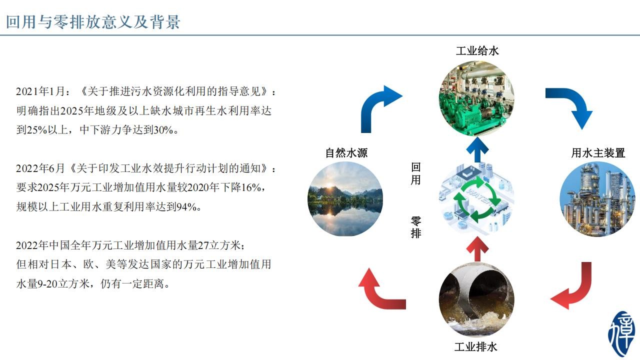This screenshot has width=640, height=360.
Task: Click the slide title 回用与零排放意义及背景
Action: click(93, 21)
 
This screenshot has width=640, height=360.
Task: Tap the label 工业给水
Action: click(477, 51)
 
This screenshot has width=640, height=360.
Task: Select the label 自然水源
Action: click(346, 152)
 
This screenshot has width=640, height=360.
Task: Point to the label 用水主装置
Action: click(598, 152)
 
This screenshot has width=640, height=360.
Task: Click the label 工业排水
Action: click(475, 347)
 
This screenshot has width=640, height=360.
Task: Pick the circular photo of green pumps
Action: click(476, 98)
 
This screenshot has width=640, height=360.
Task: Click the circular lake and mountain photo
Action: click(345, 199)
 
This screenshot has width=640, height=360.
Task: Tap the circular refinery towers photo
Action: click(597, 199)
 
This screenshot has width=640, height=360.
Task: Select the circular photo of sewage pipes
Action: click(476, 299)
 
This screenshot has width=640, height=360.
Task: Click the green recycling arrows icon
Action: click(476, 199)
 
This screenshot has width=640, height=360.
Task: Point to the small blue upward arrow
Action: click(477, 149)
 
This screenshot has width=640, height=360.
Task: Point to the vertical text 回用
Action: click(415, 173)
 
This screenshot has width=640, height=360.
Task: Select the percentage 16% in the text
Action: click(251, 187)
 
